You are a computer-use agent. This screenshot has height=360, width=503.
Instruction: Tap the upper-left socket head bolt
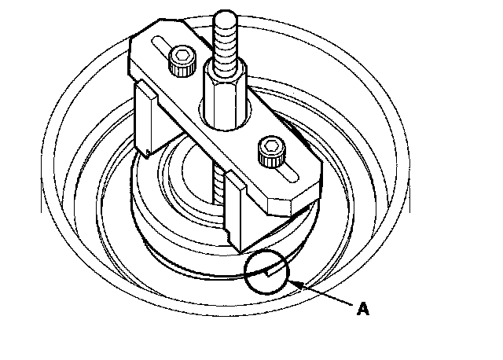tap(181, 61)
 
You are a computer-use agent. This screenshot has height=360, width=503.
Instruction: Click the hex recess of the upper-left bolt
tap(181, 55)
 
